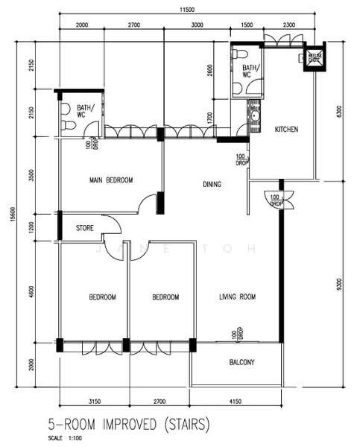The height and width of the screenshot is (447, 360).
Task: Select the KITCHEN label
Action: (286, 130)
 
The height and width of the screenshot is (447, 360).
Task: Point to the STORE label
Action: (84, 228)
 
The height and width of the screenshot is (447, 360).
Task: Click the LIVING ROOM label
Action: (237, 297)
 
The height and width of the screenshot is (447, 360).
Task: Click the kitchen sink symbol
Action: (255, 115)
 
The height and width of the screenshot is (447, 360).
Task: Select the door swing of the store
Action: (112, 226)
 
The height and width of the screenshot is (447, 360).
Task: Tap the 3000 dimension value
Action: (197, 25)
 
